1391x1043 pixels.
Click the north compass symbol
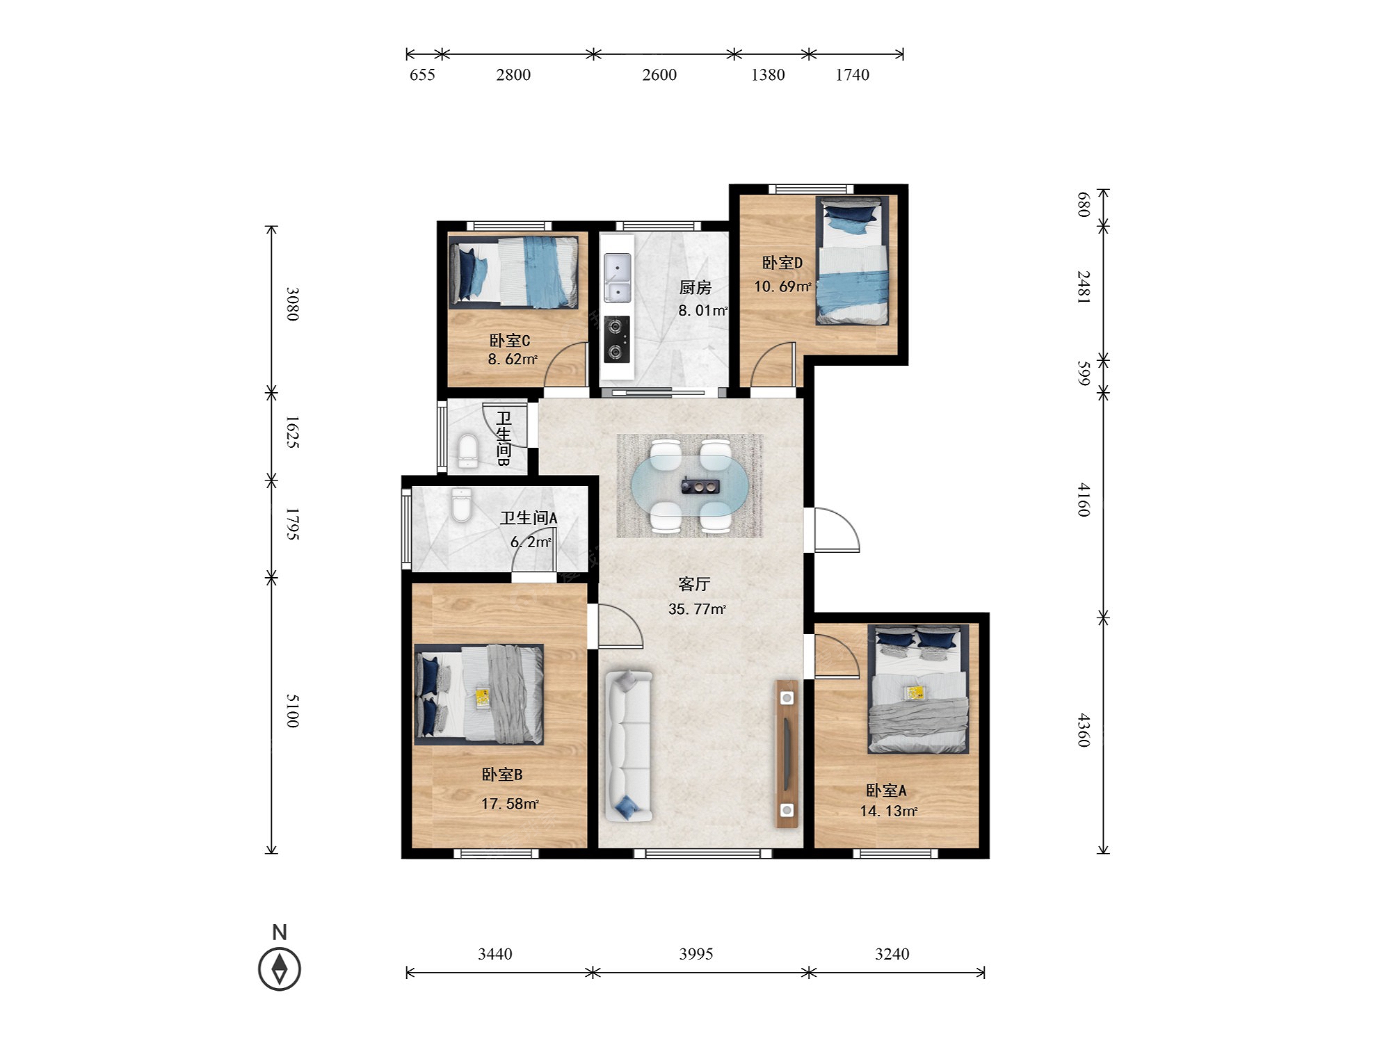280,968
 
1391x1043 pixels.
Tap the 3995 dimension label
696,954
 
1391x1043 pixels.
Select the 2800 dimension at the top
513,75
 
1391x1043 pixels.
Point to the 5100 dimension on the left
293,711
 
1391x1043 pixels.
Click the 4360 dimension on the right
1084,730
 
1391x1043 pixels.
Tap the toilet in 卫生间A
461,505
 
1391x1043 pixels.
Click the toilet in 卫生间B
468,451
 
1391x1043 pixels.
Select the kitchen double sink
617,278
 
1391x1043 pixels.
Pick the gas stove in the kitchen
617,339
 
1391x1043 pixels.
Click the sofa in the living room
629,745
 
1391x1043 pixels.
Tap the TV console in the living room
787,754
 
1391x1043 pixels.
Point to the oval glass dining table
691,485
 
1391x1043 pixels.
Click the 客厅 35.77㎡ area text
696,597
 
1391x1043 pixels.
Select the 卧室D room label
782,263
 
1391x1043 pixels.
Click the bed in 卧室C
513,272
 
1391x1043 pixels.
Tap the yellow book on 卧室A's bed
915,693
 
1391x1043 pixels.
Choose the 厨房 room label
695,287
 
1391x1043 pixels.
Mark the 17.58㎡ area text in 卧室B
510,804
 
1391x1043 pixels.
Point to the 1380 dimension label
768,75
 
